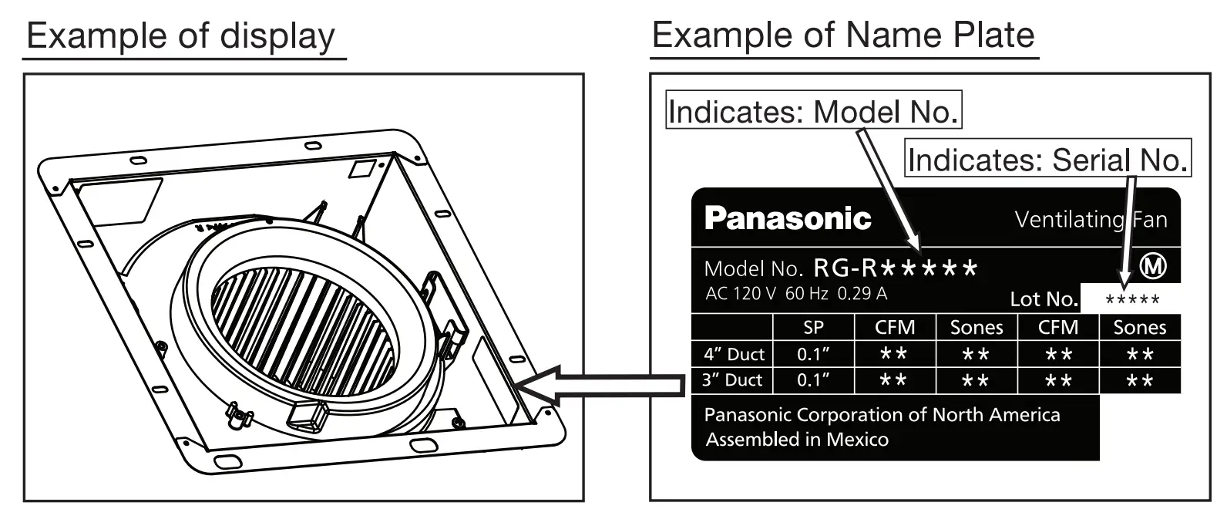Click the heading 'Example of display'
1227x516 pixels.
(x=181, y=36)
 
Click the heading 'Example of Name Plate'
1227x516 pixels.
(x=843, y=36)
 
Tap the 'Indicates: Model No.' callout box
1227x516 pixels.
(x=814, y=113)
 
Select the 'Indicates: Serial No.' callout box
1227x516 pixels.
(x=1048, y=160)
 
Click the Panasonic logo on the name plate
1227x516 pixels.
(x=788, y=219)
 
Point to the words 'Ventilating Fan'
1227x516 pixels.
(x=1091, y=221)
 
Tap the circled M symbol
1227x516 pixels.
(x=1153, y=267)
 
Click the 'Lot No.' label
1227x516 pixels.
(x=1044, y=299)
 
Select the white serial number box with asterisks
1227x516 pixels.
(x=1131, y=300)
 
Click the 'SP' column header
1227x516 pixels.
(x=813, y=328)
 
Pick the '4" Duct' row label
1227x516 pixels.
(x=734, y=354)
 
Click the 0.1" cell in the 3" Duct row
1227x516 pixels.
(x=813, y=380)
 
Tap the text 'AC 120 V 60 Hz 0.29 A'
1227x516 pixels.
(x=796, y=294)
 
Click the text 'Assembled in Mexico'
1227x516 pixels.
(x=797, y=440)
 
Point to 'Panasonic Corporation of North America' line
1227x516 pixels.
(x=882, y=415)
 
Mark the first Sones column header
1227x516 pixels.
(x=977, y=328)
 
